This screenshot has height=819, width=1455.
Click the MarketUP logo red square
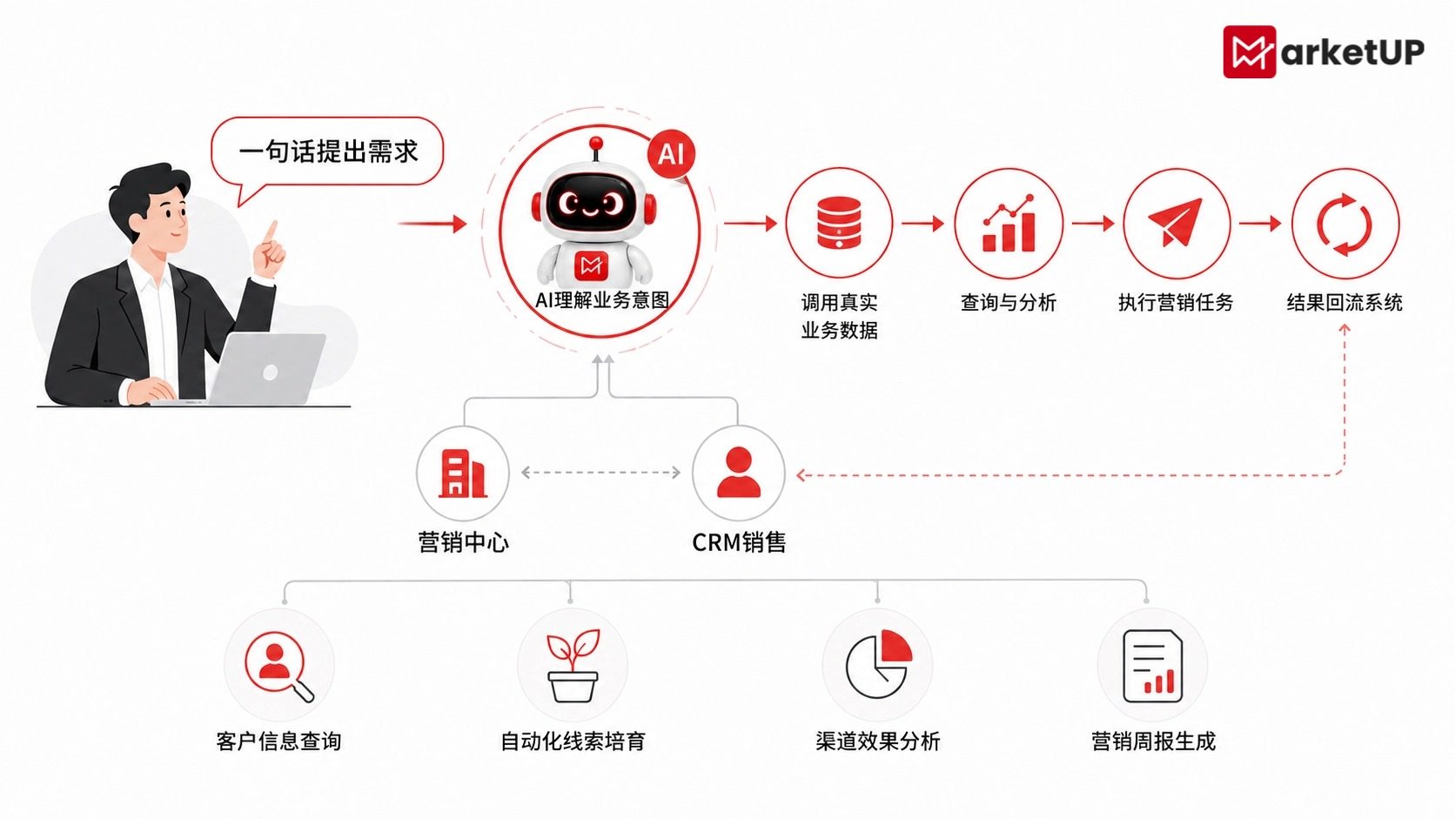tap(1249, 52)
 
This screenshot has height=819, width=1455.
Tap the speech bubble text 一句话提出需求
tap(328, 151)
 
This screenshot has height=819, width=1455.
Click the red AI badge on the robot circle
tap(671, 155)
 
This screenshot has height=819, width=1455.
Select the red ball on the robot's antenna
tap(595, 143)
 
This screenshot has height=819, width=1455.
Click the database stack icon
tap(839, 223)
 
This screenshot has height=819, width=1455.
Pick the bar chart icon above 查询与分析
tap(1009, 223)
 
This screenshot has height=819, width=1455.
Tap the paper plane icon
tap(1175, 221)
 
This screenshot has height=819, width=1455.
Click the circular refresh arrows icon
tap(1344, 224)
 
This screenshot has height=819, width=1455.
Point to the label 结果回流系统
tap(1344, 303)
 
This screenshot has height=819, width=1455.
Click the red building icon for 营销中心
tap(462, 473)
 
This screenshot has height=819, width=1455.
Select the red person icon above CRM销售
tap(739, 473)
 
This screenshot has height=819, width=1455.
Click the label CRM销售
tap(739, 542)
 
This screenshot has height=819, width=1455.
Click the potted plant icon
tap(573, 665)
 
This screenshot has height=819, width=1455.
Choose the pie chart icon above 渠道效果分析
tap(878, 664)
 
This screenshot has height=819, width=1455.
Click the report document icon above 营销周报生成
tap(1152, 666)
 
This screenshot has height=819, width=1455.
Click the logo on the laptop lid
tap(271, 373)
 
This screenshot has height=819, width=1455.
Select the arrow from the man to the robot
tap(432, 224)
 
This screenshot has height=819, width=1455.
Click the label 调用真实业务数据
tap(839, 316)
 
